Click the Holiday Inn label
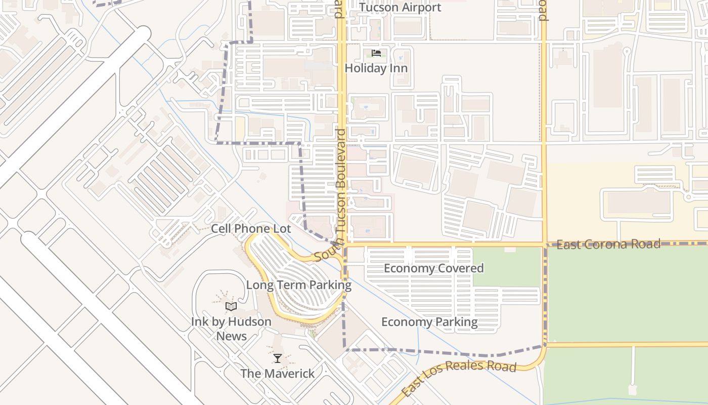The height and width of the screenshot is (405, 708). point(376,68)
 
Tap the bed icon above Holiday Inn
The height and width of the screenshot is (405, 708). point(376,53)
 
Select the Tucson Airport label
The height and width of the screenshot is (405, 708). point(400,8)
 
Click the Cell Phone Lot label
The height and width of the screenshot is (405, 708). point(251,229)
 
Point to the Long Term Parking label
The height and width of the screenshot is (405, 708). point(298,285)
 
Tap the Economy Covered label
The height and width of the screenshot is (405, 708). point(433,268)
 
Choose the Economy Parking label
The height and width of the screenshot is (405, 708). point(429,322)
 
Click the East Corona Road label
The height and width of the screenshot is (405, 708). point(608,245)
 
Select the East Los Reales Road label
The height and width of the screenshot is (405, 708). point(459,378)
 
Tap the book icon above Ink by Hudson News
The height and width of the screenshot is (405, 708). point(231,306)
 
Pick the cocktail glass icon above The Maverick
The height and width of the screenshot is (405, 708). point(277,358)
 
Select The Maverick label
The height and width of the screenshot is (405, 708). point(277,374)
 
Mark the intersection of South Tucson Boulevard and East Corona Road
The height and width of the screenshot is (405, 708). point(344,244)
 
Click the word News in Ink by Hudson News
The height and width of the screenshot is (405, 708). point(232,336)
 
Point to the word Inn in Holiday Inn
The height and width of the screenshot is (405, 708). point(397,68)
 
